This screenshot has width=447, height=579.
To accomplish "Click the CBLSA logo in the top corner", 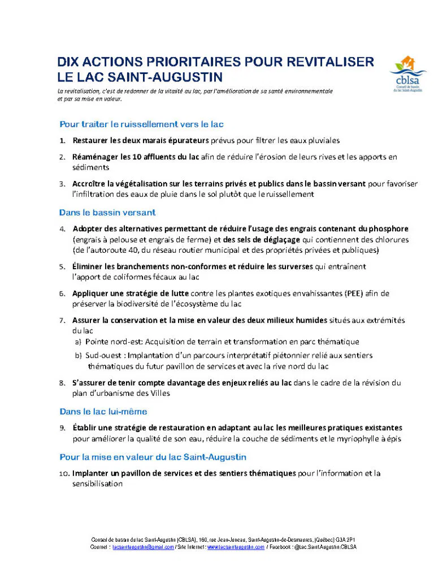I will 407,73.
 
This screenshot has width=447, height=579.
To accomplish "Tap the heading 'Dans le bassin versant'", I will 107,213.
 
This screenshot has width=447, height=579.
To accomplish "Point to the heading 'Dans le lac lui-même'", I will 103,411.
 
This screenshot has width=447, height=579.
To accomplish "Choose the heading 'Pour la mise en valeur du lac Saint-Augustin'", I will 153,456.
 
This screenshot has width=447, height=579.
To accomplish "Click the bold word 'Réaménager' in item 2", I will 95,156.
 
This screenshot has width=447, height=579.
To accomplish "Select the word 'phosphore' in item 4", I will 388,228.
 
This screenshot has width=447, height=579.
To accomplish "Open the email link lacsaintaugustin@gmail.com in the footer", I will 143,547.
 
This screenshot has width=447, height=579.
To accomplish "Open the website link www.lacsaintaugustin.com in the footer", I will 236,547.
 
